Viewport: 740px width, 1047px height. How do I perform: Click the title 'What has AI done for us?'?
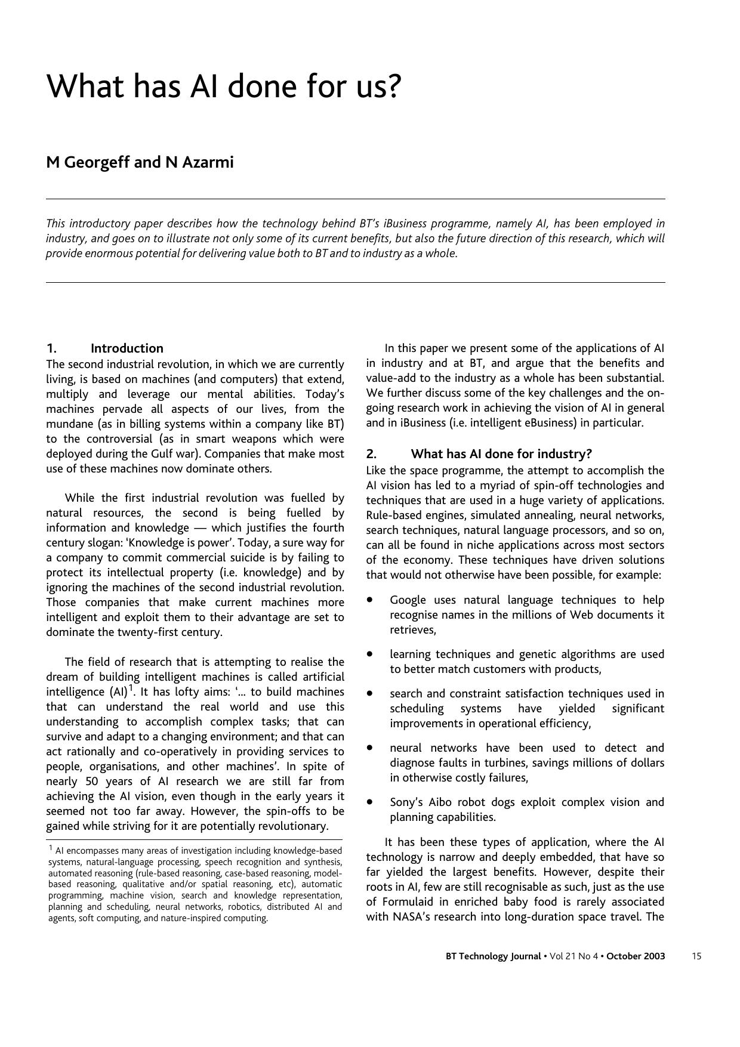(224, 87)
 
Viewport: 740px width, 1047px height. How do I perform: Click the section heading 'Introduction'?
(127, 348)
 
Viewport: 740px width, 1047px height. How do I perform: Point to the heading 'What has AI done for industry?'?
(501, 454)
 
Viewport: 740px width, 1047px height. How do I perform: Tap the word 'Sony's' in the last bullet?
(407, 802)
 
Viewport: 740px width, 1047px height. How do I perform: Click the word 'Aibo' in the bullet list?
(441, 802)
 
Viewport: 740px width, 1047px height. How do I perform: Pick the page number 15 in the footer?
(696, 956)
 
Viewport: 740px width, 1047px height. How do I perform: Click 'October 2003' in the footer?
(636, 956)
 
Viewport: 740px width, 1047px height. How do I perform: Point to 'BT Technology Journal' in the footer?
(494, 956)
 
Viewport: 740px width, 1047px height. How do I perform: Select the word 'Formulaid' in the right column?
(408, 902)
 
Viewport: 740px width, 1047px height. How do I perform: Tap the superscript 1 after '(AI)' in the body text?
(131, 688)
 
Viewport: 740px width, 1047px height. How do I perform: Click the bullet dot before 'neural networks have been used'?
(371, 747)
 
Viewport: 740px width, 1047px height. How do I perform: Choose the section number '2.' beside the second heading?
(371, 454)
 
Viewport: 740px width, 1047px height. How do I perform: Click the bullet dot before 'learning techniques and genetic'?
(371, 654)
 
